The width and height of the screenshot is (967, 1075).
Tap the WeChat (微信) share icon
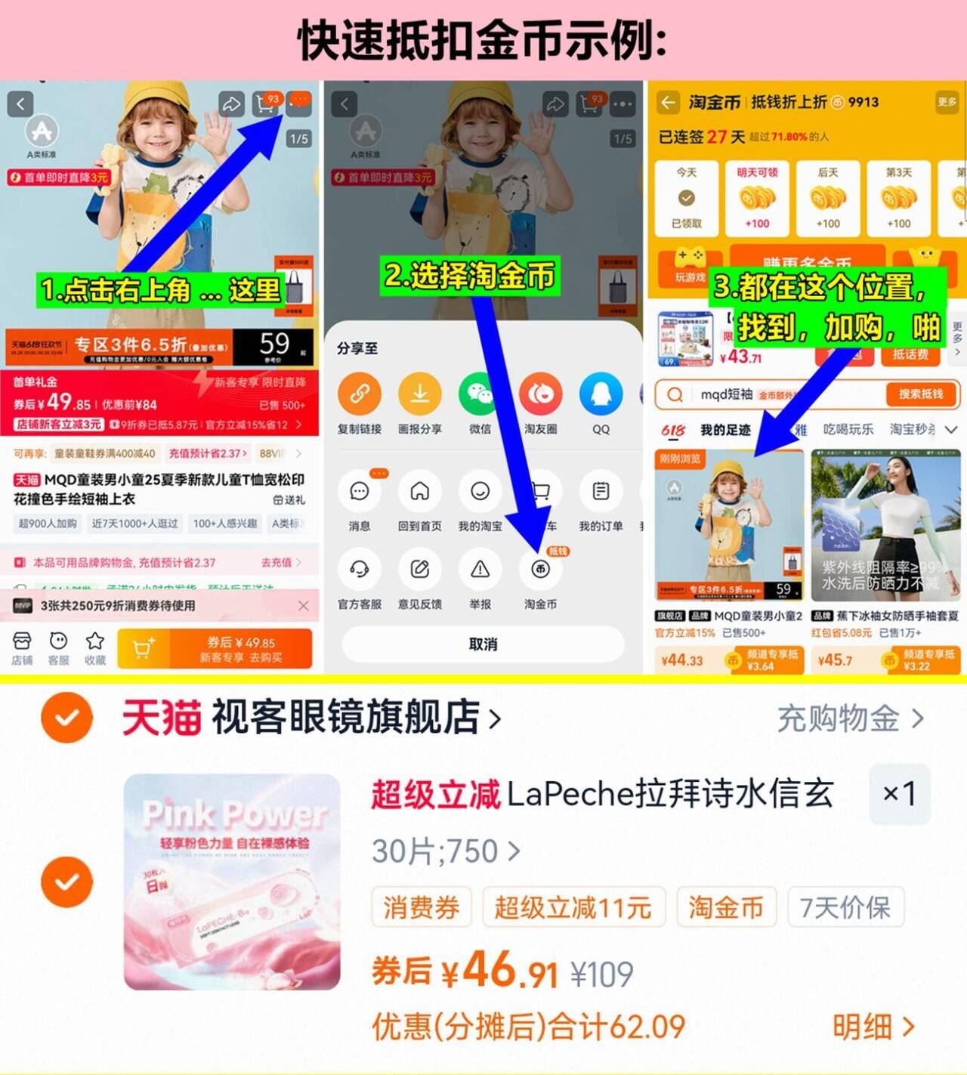(480, 394)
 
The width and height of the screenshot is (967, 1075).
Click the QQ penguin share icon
(601, 394)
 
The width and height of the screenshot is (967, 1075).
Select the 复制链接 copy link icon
(359, 394)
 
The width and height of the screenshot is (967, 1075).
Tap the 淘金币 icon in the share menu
(540, 570)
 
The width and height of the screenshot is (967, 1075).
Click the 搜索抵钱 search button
(920, 394)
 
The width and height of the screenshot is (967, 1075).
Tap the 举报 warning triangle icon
(480, 570)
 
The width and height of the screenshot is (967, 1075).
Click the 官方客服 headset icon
(359, 570)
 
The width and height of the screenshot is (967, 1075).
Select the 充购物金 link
(850, 718)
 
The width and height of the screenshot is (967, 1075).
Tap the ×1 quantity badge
(899, 793)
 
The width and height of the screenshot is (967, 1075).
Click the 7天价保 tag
(845, 907)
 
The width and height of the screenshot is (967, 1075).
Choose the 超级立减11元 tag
(573, 907)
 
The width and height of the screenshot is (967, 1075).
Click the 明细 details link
(873, 1027)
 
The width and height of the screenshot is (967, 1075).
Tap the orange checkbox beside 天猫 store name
(67, 717)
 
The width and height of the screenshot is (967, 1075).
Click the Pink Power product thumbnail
(232, 882)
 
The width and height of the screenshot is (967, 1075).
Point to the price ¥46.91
(502, 972)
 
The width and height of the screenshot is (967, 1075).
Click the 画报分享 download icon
(419, 394)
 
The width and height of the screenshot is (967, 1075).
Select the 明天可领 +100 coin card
(757, 199)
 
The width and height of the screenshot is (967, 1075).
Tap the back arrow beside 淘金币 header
(668, 102)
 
